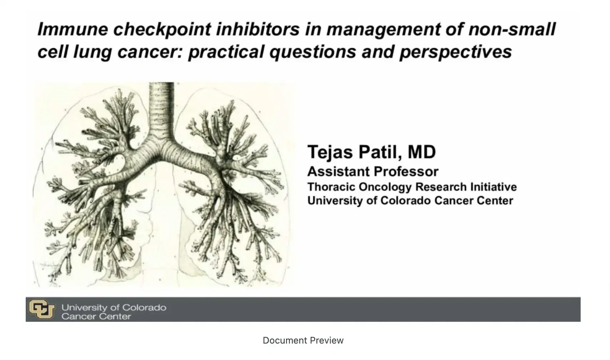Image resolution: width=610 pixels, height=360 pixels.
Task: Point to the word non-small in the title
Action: [512, 29]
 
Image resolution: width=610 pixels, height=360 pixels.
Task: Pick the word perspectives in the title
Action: [456, 52]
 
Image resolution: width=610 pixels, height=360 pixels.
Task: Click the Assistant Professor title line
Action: [372, 172]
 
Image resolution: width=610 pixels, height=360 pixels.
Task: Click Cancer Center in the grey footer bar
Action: [96, 316]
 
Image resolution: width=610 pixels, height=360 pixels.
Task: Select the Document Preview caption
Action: [303, 340]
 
